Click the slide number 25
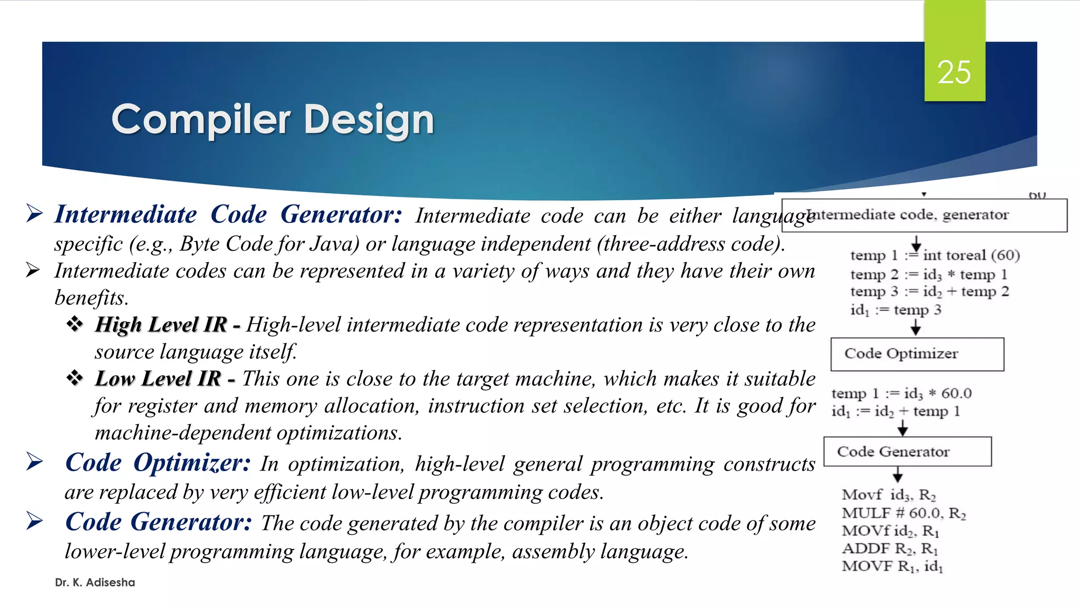click(954, 72)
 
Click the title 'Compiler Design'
click(273, 120)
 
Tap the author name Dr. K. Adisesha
click(95, 582)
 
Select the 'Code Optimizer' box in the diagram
click(917, 354)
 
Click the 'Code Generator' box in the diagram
click(907, 452)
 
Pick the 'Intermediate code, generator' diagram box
click(924, 216)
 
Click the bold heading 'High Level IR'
click(161, 325)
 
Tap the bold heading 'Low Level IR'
click(158, 379)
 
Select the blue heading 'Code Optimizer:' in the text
click(158, 463)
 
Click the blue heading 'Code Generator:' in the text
click(158, 522)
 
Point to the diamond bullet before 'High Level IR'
click(74, 324)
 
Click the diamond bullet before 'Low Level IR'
click(74, 378)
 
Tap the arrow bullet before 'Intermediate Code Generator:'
click(34, 213)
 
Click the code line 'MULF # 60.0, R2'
click(903, 513)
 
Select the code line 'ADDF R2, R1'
click(890, 549)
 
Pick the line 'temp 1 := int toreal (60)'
click(935, 256)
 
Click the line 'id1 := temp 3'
click(895, 310)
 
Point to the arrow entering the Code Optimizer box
click(916, 328)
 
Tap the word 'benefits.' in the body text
click(92, 298)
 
